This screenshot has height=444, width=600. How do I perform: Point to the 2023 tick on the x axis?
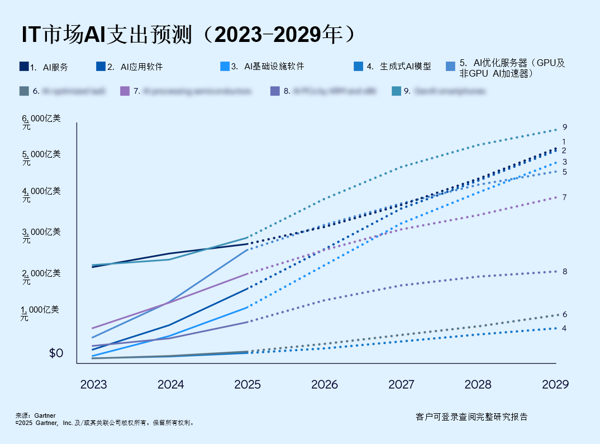tap(93, 384)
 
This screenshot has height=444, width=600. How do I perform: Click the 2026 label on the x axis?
tap(325, 384)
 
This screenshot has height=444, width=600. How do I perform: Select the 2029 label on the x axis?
tap(555, 384)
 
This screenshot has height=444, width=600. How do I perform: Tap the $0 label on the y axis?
tap(56, 353)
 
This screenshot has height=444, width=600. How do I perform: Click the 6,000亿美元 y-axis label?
tap(41, 122)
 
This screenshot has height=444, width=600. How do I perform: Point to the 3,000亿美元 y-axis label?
tap(41, 235)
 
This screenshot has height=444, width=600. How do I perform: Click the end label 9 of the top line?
tap(565, 127)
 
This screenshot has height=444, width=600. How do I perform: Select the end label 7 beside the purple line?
tap(565, 197)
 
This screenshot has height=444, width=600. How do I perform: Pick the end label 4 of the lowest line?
tap(564, 328)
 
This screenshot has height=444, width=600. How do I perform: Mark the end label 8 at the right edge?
tap(565, 271)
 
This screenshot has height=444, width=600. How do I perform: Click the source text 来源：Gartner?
tap(35, 415)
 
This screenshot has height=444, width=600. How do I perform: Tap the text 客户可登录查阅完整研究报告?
tap(472, 417)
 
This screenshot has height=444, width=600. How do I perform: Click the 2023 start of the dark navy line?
tap(92, 267)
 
